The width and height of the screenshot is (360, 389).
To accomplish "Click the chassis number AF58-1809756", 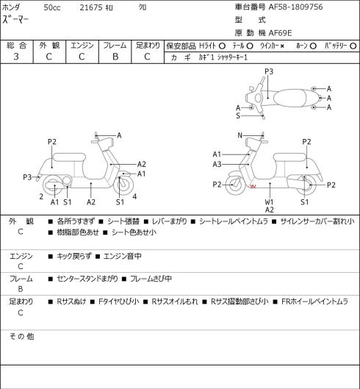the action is tap(295, 7).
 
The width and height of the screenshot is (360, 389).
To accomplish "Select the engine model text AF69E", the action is tap(280, 33).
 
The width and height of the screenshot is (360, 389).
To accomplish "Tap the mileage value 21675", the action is tap(91, 7).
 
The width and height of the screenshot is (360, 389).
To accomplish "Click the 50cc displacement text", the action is tap(52, 7).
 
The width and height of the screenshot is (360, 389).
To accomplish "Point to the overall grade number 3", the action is tap(16, 57).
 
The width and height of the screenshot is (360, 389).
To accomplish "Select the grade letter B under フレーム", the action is tap(115, 57).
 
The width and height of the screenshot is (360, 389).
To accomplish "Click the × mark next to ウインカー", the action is tap(282, 46).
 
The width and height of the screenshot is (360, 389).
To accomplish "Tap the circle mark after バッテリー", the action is tap(353, 46).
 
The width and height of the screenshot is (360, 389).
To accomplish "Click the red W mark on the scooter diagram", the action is tap(253, 186).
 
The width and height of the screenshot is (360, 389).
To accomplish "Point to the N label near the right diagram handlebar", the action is tap(240, 135).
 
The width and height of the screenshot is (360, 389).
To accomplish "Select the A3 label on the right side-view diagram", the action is tap(217, 164).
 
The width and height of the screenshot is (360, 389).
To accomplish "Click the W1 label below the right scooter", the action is tap(269, 202).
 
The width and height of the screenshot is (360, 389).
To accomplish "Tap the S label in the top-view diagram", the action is tap(238, 116).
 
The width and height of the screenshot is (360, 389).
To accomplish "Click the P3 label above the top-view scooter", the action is tap(269, 71).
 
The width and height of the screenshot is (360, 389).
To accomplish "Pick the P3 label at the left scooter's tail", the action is tap(27, 177).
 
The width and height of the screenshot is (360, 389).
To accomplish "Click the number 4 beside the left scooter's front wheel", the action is tap(134, 197).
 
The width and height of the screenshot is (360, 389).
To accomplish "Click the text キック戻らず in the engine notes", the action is tap(74, 256).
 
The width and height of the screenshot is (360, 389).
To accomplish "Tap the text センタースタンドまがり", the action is tap(87, 279).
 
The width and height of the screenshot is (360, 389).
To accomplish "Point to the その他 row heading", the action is tap(21, 337).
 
